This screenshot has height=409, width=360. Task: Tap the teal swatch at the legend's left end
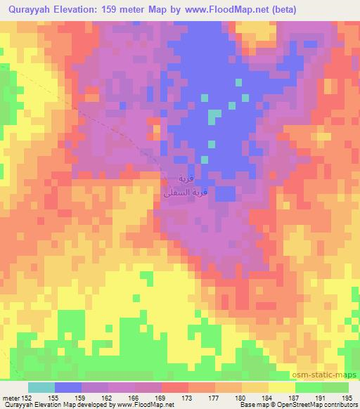pos(41,387)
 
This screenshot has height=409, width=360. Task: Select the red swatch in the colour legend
pos(174,387)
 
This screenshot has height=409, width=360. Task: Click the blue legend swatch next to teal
pos(67,387)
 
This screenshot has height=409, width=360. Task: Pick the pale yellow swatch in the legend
pos(282,387)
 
